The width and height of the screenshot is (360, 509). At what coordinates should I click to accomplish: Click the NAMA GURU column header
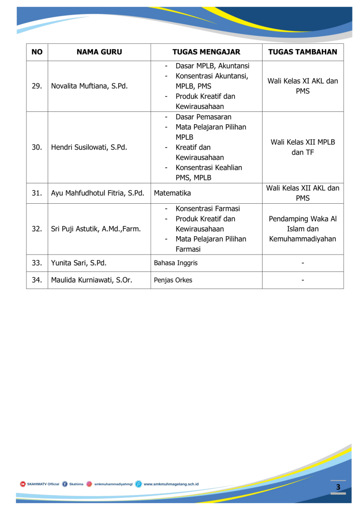coord(99,52)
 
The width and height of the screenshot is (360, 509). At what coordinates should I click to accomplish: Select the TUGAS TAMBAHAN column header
coord(302,52)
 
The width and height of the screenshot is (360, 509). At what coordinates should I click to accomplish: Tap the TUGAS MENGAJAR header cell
coord(206,52)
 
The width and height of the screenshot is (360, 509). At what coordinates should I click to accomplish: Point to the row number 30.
coord(37,147)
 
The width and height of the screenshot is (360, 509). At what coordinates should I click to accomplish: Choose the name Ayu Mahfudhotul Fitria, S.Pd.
coord(97,193)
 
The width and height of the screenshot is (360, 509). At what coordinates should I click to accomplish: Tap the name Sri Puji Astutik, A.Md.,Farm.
coord(96,229)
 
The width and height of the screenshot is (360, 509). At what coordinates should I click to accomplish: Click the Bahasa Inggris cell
coord(176,263)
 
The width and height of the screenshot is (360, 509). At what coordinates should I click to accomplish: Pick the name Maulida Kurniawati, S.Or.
coord(91,280)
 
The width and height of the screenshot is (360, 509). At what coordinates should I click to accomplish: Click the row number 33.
coord(37,263)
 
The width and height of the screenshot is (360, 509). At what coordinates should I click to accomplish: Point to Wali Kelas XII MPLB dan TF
coord(302,147)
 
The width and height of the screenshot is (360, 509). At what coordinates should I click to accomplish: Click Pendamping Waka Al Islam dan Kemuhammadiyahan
coord(302,229)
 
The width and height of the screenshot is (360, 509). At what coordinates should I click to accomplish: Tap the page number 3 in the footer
coord(338,487)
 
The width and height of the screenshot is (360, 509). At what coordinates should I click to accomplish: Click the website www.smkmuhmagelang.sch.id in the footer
coord(171,484)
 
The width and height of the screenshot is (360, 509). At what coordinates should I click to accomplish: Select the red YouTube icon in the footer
coord(23,484)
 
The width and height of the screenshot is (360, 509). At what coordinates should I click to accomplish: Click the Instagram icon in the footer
coord(90,484)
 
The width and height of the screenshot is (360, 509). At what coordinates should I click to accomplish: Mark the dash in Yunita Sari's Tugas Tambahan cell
coord(302,263)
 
